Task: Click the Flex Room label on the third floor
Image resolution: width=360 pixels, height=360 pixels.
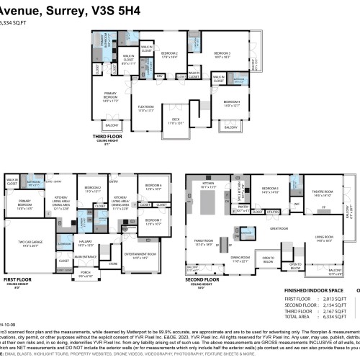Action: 147,109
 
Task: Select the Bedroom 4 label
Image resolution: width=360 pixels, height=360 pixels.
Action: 231,104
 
